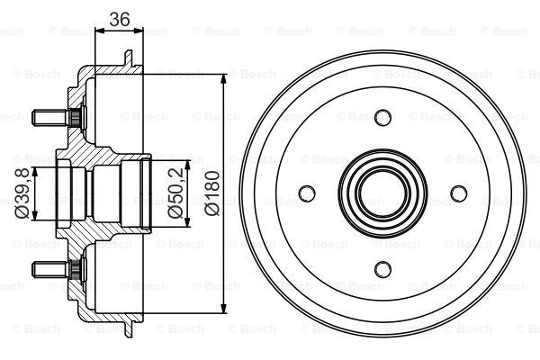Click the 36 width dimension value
[119, 18]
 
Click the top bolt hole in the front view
[382, 117]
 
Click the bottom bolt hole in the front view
[382, 267]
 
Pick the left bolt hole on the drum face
[308, 193]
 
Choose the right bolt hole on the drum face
[458, 193]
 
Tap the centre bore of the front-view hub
[382, 193]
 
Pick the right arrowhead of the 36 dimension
[139, 31]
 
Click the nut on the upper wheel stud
[72, 116]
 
